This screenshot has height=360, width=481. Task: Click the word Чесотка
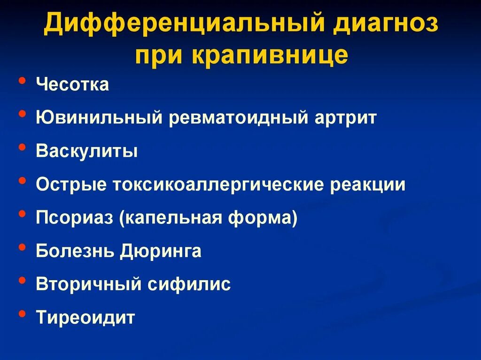coord(72,85)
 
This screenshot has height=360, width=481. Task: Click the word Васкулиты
coord(87,152)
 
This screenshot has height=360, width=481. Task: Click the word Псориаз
coord(75,218)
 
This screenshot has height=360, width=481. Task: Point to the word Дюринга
coord(160,252)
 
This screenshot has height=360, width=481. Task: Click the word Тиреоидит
coord(85,318)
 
